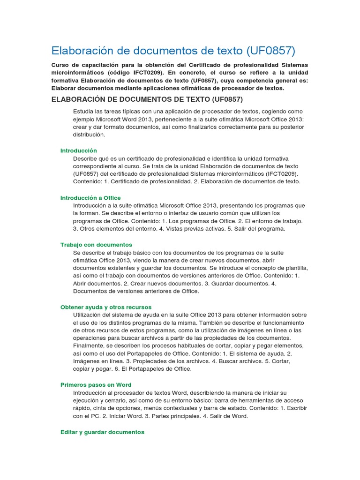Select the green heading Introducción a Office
(x=90, y=198)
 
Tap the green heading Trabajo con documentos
(x=96, y=245)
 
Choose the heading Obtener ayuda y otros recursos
(x=106, y=307)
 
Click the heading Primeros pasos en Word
(x=96, y=384)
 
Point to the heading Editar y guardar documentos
(x=102, y=432)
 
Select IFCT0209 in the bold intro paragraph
(x=141, y=73)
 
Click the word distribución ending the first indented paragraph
(x=89, y=135)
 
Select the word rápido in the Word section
(x=82, y=408)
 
